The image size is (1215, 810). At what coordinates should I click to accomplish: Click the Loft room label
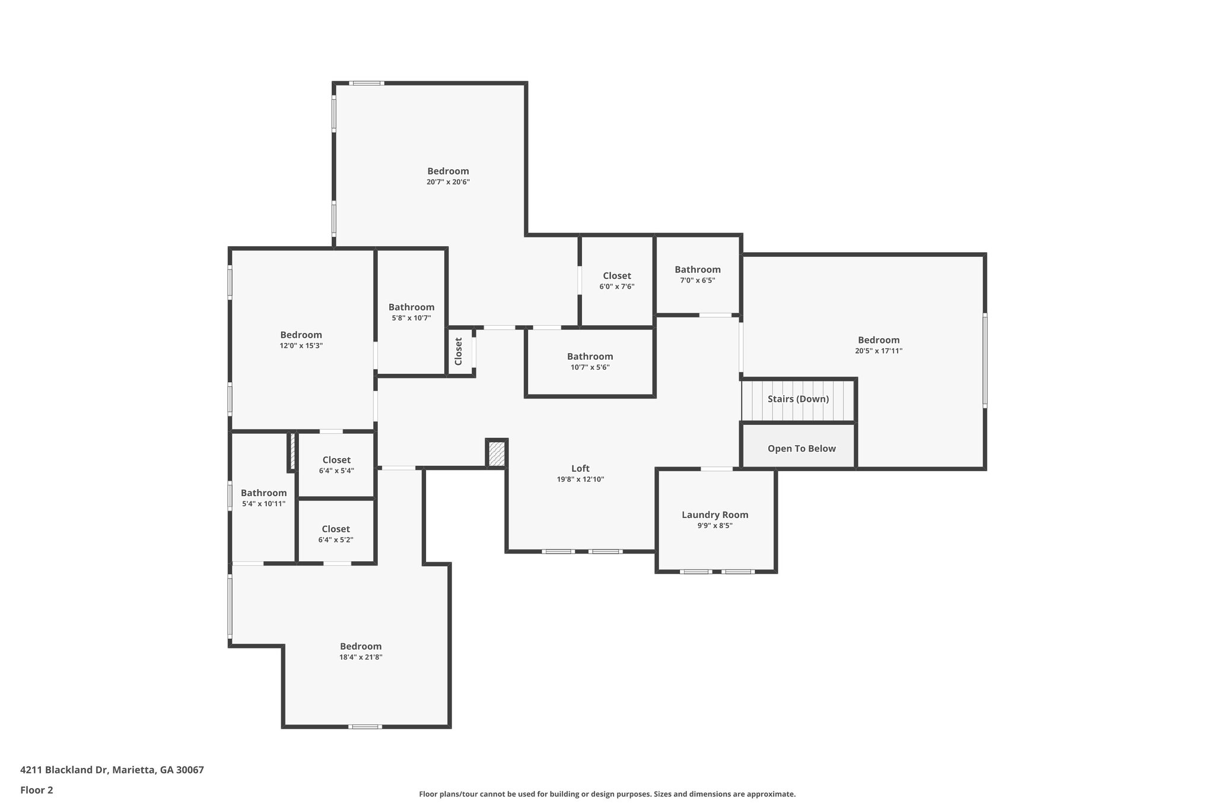click(x=580, y=469)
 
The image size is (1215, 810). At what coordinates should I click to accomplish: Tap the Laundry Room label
click(x=714, y=515)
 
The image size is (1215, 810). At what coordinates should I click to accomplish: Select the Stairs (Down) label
click(x=798, y=399)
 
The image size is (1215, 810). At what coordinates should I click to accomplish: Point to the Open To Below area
click(x=801, y=449)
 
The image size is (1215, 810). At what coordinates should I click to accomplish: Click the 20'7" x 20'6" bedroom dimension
click(x=448, y=182)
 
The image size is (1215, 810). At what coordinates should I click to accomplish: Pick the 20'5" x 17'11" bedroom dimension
click(x=878, y=351)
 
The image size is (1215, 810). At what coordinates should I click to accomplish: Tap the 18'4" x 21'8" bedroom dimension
click(x=361, y=657)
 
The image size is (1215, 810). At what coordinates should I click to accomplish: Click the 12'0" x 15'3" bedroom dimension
click(x=301, y=345)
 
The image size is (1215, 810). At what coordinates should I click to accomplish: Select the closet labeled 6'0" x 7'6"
click(x=616, y=281)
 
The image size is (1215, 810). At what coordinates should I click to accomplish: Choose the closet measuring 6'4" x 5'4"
click(x=336, y=465)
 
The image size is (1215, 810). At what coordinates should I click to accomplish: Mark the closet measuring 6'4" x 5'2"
click(x=335, y=533)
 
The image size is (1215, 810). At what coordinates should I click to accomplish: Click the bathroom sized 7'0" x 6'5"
click(x=697, y=274)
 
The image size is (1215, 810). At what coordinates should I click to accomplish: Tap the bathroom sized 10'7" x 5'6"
click(x=590, y=361)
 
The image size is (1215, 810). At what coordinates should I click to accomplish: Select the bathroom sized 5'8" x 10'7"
click(x=411, y=312)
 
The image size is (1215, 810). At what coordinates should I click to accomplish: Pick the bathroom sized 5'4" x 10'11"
click(x=263, y=498)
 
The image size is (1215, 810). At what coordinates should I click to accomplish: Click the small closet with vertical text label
click(x=459, y=351)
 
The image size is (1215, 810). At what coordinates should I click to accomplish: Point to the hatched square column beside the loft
click(x=497, y=454)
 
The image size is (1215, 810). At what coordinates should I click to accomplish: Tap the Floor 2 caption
click(x=37, y=790)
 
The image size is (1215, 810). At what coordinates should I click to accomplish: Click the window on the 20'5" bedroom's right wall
click(x=985, y=360)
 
